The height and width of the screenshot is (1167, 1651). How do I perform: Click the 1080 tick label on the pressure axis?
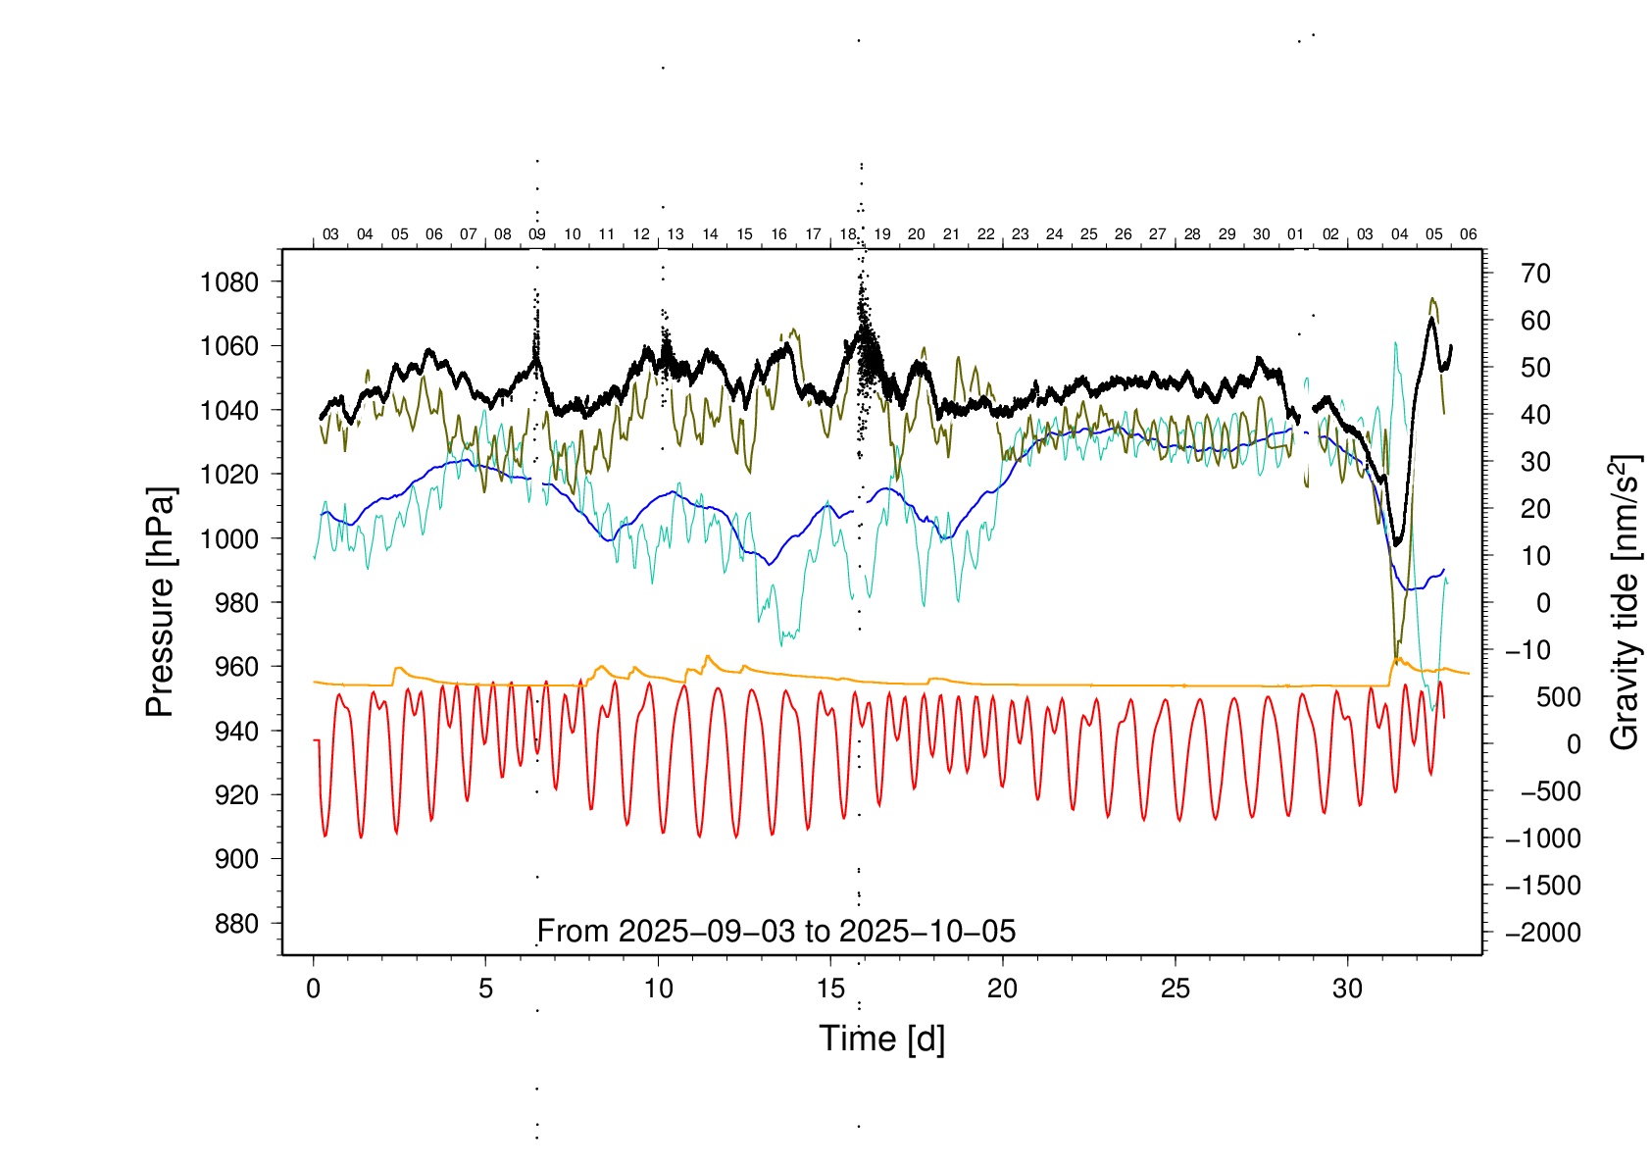click(x=229, y=282)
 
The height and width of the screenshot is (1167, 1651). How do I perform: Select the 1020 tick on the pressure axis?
click(x=229, y=475)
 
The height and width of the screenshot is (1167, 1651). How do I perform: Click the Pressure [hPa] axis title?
click(x=160, y=603)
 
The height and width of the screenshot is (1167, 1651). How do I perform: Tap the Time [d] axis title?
click(x=881, y=1039)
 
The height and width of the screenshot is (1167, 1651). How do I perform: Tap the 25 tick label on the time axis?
click(x=1175, y=989)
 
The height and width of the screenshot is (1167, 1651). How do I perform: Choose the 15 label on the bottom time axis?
click(x=830, y=989)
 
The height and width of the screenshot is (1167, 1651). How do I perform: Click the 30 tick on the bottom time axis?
click(x=1347, y=989)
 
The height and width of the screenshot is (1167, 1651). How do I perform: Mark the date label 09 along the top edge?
click(x=537, y=234)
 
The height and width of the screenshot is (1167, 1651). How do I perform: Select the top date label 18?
click(x=848, y=234)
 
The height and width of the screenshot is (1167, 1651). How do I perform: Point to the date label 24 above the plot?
click(x=1055, y=234)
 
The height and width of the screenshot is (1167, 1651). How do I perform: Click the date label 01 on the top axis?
click(x=1296, y=234)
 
